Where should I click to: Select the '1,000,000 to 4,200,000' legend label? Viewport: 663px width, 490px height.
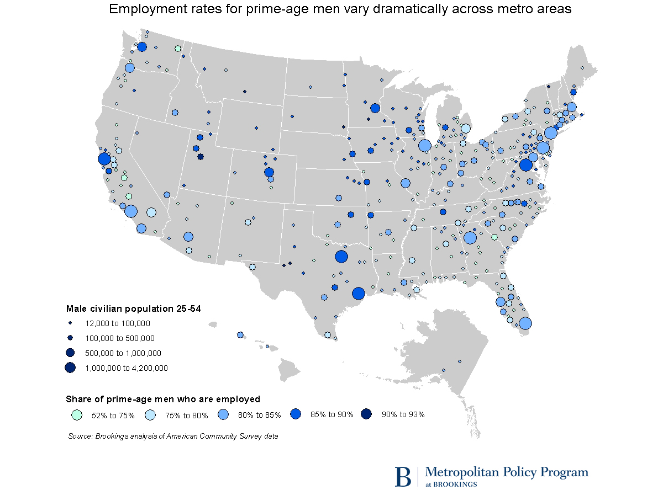coord(126,367)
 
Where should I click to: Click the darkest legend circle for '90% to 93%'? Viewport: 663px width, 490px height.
coord(367,414)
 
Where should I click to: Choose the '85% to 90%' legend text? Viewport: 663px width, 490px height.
coord(332,414)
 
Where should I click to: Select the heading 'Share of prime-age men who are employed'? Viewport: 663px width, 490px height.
coord(163,399)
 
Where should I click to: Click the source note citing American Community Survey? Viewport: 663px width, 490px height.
coord(173,436)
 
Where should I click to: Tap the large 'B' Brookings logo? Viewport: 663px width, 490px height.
coord(403,476)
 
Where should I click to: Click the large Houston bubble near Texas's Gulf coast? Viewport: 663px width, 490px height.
coord(358,294)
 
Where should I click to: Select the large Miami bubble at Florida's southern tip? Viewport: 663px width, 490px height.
coord(525,323)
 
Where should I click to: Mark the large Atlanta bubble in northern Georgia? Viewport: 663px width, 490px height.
coord(470,238)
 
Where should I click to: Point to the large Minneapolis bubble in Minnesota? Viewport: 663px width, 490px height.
coord(375,108)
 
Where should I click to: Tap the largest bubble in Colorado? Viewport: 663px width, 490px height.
coord(269,172)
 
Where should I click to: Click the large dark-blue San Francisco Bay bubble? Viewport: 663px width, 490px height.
coord(104,159)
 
